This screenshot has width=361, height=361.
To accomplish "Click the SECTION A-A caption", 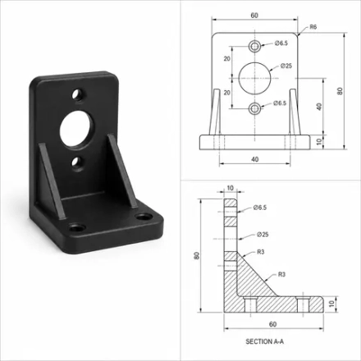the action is [x=265, y=341].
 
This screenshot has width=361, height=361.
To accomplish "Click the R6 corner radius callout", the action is [x=313, y=27].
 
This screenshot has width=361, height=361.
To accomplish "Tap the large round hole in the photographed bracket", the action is [x=76, y=129].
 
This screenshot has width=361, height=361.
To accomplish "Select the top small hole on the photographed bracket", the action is [x=78, y=94].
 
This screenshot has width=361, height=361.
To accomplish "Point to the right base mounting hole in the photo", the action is [x=144, y=217].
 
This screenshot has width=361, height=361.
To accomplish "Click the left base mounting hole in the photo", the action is [x=77, y=227].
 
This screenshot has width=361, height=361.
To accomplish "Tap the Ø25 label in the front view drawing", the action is [x=286, y=66].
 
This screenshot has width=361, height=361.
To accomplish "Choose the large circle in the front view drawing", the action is [x=254, y=78].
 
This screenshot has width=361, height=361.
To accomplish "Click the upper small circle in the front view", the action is [x=254, y=46].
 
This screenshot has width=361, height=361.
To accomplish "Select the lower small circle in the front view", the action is [x=254, y=108].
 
